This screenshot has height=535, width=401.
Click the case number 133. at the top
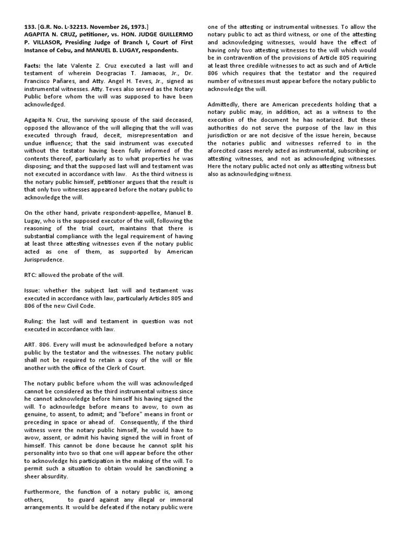coord(30,27)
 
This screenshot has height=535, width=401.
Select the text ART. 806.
coord(38,345)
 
